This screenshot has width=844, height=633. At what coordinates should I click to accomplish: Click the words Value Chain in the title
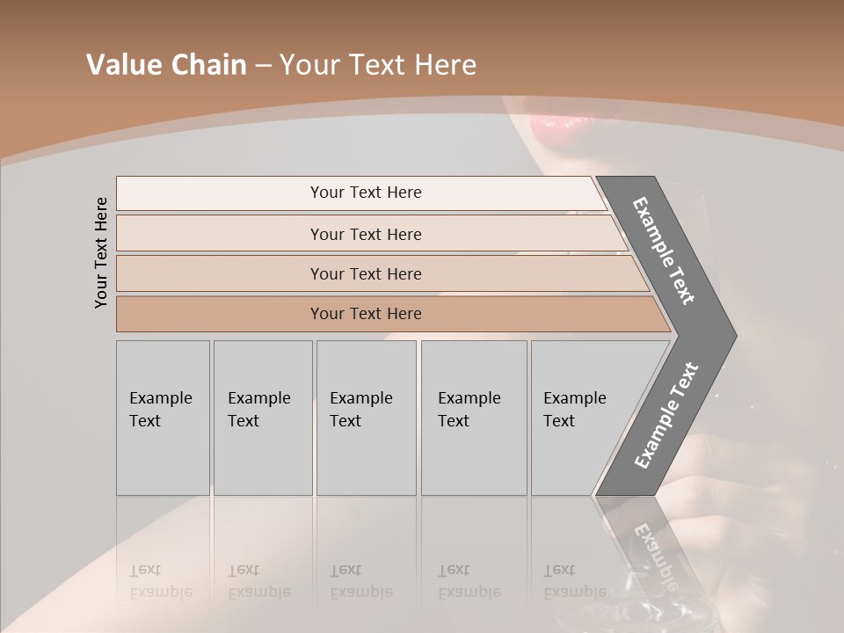pyautogui.click(x=166, y=65)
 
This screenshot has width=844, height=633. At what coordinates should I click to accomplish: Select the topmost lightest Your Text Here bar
pyautogui.click(x=366, y=193)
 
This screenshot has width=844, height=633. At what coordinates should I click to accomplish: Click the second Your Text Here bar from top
pyautogui.click(x=366, y=234)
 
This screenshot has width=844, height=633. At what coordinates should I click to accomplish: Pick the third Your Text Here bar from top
pyautogui.click(x=366, y=273)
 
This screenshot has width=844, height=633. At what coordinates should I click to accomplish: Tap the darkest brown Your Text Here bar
pyautogui.click(x=366, y=314)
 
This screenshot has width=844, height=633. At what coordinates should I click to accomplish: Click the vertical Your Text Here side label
pyautogui.click(x=101, y=252)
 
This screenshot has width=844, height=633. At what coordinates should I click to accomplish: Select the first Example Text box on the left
pyautogui.click(x=163, y=418)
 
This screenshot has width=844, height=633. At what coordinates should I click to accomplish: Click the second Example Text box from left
pyautogui.click(x=262, y=418)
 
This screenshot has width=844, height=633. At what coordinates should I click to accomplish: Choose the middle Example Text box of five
pyautogui.click(x=366, y=418)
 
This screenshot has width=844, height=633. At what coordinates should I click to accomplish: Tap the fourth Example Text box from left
pyautogui.click(x=473, y=418)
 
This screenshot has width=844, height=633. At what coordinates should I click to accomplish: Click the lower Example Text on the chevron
pyautogui.click(x=666, y=415)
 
